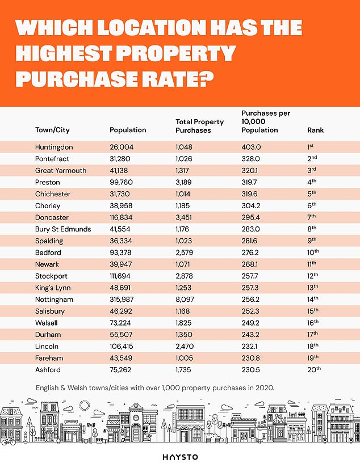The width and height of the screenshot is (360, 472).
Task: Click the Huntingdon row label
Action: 54,147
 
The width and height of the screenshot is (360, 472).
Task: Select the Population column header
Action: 128,130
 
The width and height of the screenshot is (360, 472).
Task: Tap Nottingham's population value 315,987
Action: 122,300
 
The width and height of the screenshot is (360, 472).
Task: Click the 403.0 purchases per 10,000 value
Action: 251,147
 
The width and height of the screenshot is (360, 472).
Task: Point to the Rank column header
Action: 315,130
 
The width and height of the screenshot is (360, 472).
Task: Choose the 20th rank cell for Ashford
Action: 314,370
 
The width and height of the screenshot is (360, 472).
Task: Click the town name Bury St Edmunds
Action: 63,229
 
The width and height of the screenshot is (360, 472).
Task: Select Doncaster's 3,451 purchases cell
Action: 184,218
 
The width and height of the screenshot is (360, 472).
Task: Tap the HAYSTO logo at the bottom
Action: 180,457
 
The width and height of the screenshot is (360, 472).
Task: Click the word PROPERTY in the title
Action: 175,53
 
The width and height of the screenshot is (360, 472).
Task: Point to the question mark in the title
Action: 206,79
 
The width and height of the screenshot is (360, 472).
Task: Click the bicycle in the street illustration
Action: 8,441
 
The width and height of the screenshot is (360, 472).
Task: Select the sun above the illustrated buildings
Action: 84,406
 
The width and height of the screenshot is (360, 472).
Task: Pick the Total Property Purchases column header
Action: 200,126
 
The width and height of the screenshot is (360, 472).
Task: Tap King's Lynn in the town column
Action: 53,288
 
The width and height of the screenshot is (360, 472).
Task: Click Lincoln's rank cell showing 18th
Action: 313,346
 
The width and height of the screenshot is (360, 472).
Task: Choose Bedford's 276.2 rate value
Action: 250,253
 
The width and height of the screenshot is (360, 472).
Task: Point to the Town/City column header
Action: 52,130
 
